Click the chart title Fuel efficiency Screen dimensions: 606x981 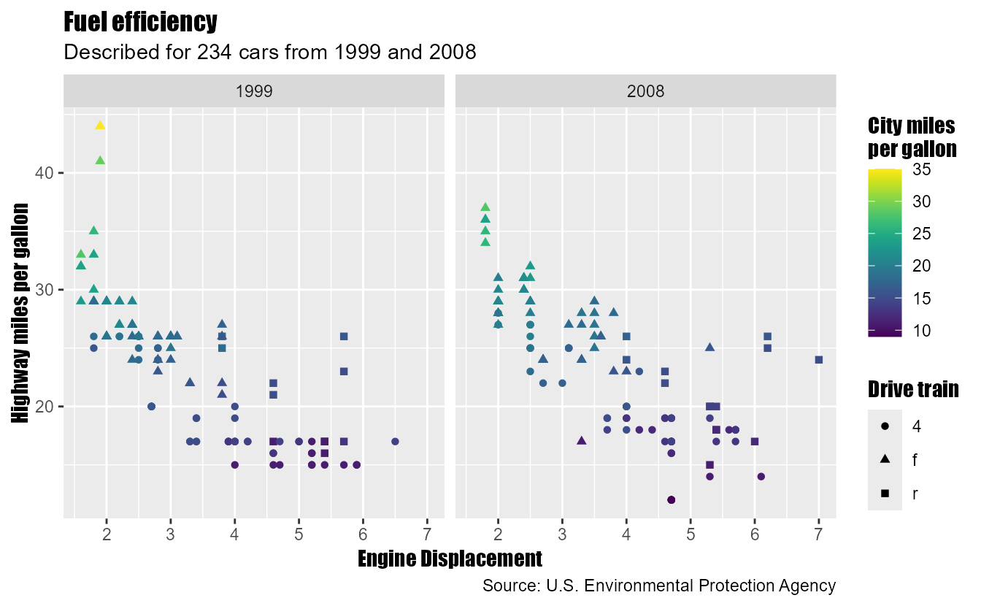(x=141, y=23)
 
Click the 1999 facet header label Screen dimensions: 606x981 (x=254, y=92)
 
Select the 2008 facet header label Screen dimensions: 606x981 (x=645, y=92)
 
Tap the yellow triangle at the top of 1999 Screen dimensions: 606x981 (x=100, y=126)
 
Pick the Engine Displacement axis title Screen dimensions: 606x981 (x=450, y=559)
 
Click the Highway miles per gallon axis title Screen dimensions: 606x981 (x=20, y=312)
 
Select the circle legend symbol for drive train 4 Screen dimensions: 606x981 (x=885, y=425)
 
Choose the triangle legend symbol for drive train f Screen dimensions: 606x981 (x=885, y=459)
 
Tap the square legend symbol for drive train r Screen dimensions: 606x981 (x=885, y=494)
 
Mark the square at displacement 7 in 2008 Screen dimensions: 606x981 (x=818, y=360)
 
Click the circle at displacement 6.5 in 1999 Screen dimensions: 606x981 (x=395, y=442)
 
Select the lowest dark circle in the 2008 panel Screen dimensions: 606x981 (x=672, y=500)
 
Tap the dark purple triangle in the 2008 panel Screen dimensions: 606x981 (x=581, y=441)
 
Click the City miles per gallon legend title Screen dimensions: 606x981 (x=912, y=137)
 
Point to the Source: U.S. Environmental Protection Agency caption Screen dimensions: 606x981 (x=658, y=586)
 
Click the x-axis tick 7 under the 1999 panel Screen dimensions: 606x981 (x=427, y=534)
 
